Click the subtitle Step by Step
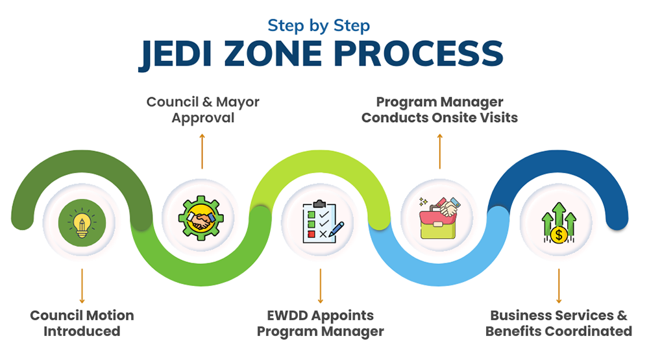(x=319, y=26)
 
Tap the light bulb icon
(x=82, y=222)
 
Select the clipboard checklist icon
(x=321, y=222)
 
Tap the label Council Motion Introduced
(x=82, y=323)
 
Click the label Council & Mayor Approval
(x=202, y=110)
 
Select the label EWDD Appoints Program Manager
(x=321, y=323)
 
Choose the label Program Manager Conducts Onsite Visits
(x=439, y=110)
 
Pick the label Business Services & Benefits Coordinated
(x=559, y=323)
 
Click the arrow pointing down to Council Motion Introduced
(x=82, y=285)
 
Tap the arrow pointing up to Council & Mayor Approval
(x=202, y=151)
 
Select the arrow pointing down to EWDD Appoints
(x=321, y=285)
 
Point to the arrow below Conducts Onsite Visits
(x=440, y=151)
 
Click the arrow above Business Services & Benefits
(x=559, y=285)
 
